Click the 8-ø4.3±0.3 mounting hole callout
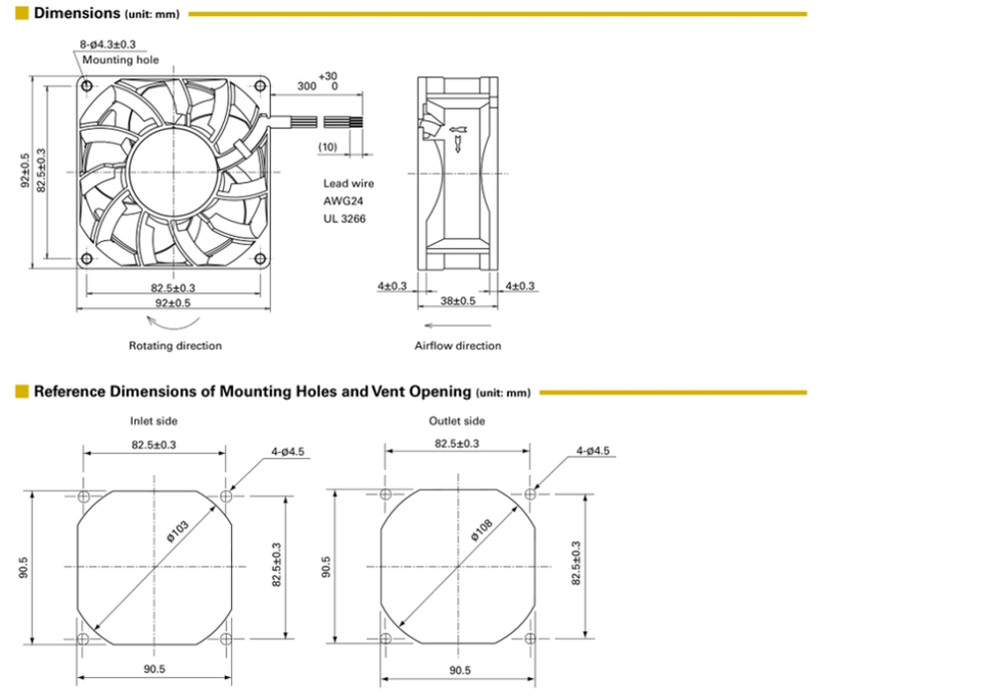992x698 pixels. (x=107, y=45)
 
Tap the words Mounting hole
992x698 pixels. (x=121, y=60)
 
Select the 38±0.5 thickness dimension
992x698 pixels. (x=458, y=301)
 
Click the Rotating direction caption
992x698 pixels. (x=176, y=346)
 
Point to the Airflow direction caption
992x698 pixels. (x=458, y=346)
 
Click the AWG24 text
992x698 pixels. (x=343, y=201)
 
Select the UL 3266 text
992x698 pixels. (x=345, y=219)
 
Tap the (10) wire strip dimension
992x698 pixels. (x=327, y=147)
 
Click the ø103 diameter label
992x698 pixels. (x=178, y=531)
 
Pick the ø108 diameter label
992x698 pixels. (x=482, y=530)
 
